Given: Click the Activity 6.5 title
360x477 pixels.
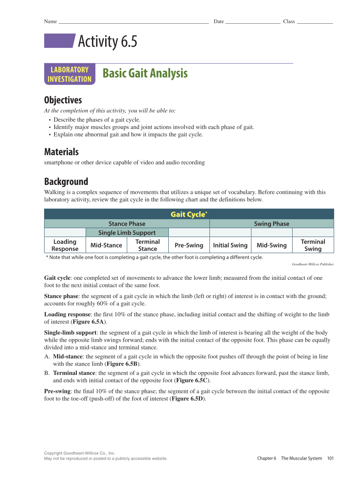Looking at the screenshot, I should coord(107,42).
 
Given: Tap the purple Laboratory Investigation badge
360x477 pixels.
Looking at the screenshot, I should coord(70,74).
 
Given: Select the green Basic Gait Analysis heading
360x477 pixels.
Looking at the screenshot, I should coord(145,73).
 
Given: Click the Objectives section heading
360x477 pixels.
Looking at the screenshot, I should coord(63,100).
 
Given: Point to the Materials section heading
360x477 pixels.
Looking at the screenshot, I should coord(61,152).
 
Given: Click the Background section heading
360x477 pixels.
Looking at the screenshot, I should coord(66,181).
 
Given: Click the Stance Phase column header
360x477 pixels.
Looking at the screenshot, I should coord(127,224).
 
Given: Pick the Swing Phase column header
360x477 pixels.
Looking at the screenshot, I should coord(271,224).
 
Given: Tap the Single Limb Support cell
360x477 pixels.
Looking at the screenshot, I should coord(127,233).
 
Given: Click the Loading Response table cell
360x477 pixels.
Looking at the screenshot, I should coord(65,245).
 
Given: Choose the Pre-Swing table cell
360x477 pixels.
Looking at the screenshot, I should coord(189,245).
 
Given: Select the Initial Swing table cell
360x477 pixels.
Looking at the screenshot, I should coord(230,245).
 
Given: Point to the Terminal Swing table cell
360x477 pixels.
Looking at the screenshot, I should coord(313,245).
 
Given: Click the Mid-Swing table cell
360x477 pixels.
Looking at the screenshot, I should coord(271,245).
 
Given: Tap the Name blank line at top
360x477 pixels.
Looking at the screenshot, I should coord(133,22).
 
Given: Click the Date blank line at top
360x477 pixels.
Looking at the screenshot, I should coord(252,22).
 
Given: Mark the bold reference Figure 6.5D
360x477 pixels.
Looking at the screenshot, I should coord(188,399).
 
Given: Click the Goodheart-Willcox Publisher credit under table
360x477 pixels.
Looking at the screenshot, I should coord(313,264).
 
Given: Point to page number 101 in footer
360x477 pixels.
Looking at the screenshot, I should coord(330,458).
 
